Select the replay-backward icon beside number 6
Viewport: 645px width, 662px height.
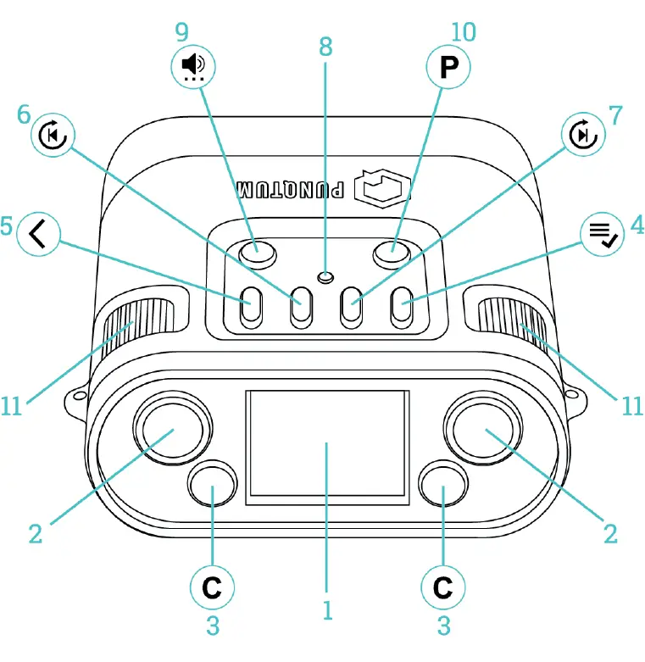point(53,134)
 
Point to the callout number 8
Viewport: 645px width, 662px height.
point(325,48)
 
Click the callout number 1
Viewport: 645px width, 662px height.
point(326,609)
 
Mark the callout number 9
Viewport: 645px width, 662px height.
point(181,31)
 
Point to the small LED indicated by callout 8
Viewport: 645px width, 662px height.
point(324,276)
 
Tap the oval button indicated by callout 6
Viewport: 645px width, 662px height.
point(300,308)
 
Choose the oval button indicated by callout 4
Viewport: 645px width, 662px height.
point(400,308)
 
